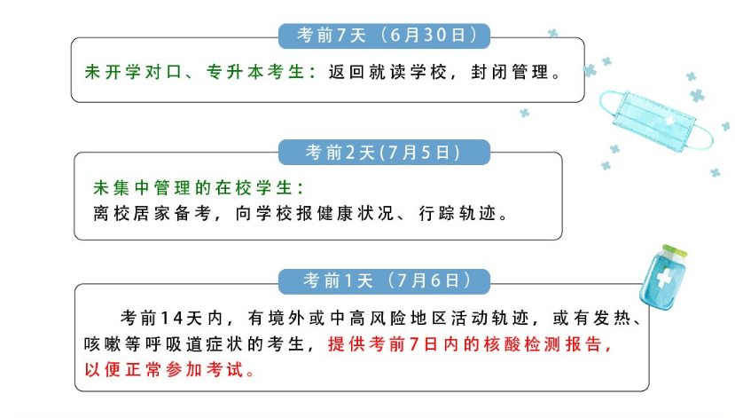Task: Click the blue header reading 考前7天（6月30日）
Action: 385,35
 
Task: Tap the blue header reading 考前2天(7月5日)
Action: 385,152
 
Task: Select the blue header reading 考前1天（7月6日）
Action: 385,281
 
